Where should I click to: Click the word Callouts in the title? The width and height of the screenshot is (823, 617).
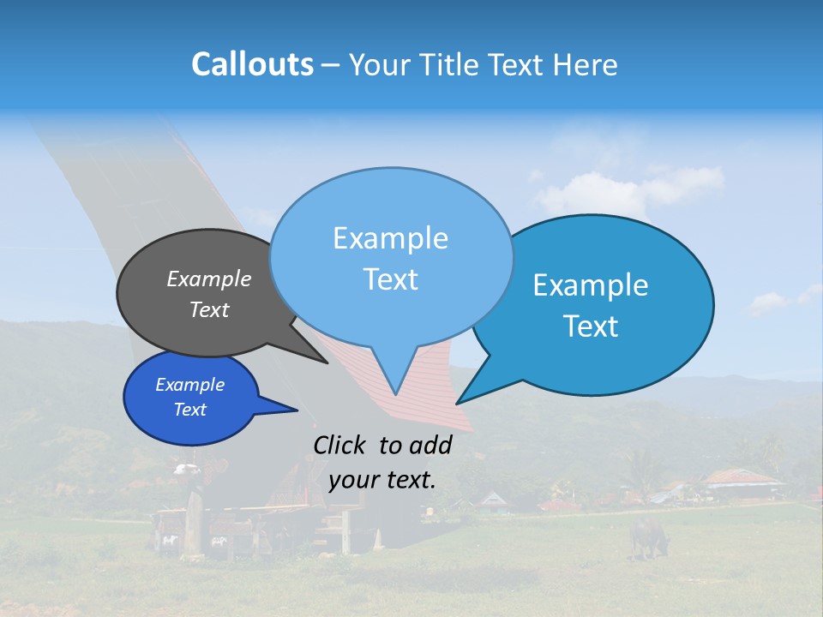[252, 64]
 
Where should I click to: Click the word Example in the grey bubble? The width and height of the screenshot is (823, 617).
[209, 279]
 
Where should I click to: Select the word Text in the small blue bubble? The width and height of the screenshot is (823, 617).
[190, 410]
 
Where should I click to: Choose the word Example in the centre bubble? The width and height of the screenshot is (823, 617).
[390, 238]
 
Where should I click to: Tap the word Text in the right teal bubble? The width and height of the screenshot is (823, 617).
[592, 326]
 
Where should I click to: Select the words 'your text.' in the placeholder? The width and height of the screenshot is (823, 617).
[382, 480]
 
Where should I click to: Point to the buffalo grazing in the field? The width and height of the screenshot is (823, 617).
[648, 536]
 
